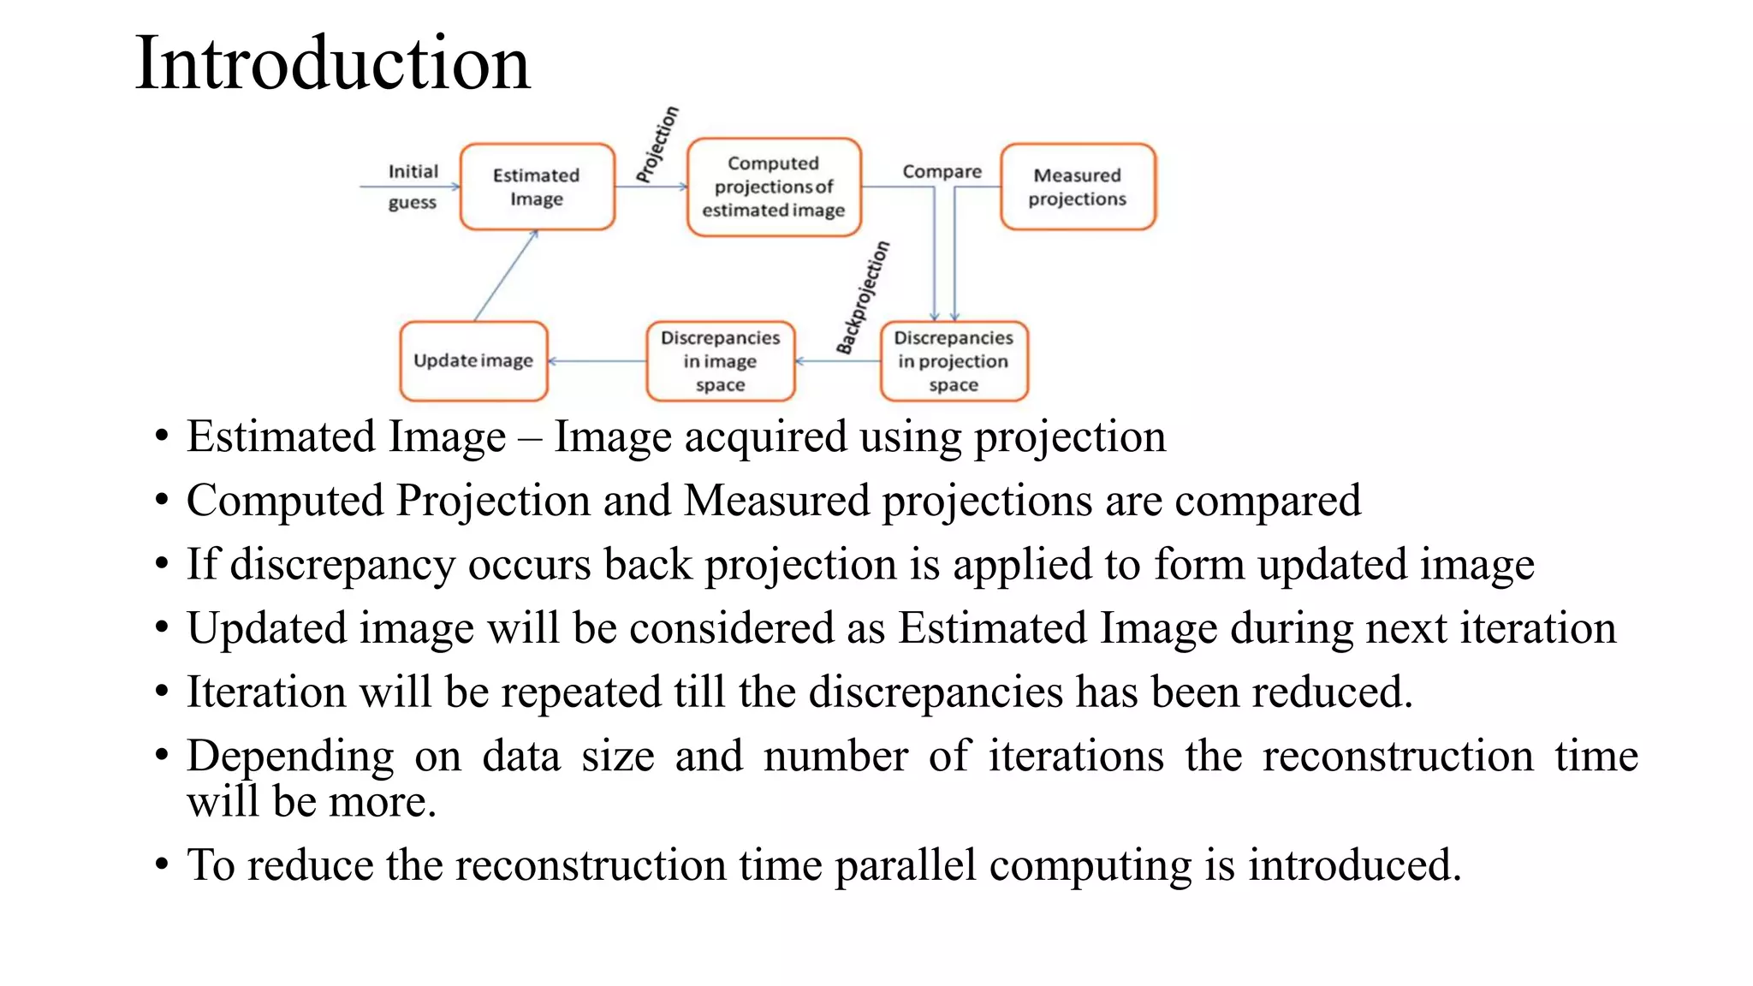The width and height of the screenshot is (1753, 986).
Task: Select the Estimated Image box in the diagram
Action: pyautogui.click(x=537, y=187)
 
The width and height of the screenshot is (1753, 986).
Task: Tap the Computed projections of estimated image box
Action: pyautogui.click(x=773, y=187)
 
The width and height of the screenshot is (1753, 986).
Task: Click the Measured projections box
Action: pyautogui.click(x=1077, y=187)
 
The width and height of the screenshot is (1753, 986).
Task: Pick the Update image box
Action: pyautogui.click(x=473, y=360)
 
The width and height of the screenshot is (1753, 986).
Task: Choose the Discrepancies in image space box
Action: pyautogui.click(x=720, y=360)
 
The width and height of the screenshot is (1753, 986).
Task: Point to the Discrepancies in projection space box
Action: pyautogui.click(x=954, y=360)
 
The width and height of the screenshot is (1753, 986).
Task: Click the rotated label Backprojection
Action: pyautogui.click(x=863, y=298)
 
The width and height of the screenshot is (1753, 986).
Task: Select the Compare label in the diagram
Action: pyautogui.click(x=942, y=171)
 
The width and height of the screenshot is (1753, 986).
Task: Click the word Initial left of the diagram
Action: pyautogui.click(x=413, y=171)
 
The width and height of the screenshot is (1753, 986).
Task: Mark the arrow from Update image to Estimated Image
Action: pyautogui.click(x=506, y=276)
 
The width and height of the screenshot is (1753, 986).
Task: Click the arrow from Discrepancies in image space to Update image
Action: pyautogui.click(x=597, y=361)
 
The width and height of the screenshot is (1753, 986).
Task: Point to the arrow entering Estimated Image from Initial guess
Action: pyautogui.click(x=410, y=187)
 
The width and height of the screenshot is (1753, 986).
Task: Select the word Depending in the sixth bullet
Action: pyautogui.click(x=290, y=757)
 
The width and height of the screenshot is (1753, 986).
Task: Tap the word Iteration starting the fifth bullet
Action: pyautogui.click(x=266, y=692)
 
